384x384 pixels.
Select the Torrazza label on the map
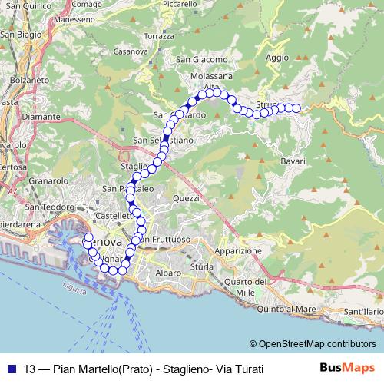(159, 36)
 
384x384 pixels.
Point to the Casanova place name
(130, 51)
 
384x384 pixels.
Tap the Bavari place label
(293, 161)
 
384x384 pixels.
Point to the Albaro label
(168, 273)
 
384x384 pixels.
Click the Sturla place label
(201, 266)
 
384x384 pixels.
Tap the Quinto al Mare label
(287, 310)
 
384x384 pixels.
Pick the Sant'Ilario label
(363, 312)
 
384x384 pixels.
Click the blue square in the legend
(9, 369)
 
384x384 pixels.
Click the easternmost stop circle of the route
(296, 108)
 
